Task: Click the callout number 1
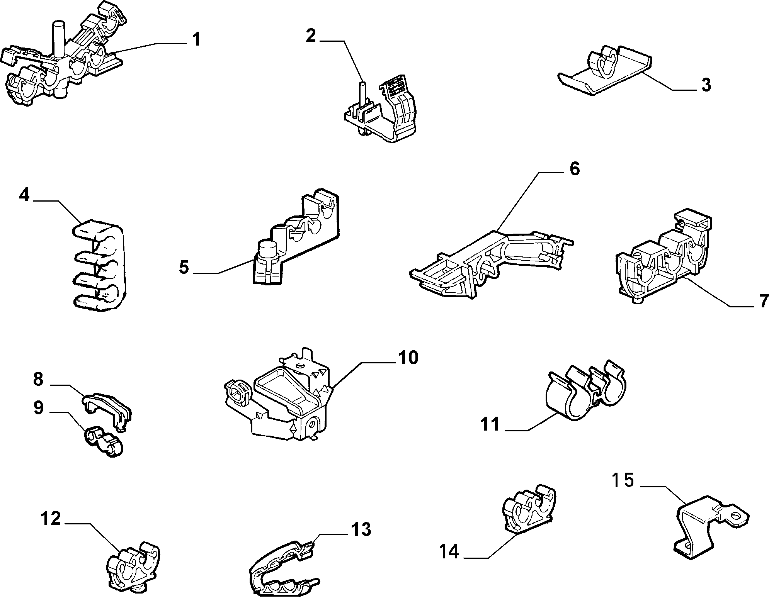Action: point(197,39)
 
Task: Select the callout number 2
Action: point(310,36)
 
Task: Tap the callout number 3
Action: point(706,85)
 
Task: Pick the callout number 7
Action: point(763,301)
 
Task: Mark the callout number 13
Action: point(361,529)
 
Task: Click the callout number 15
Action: point(623,480)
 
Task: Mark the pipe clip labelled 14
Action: point(530,508)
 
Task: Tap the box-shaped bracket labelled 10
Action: point(282,402)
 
